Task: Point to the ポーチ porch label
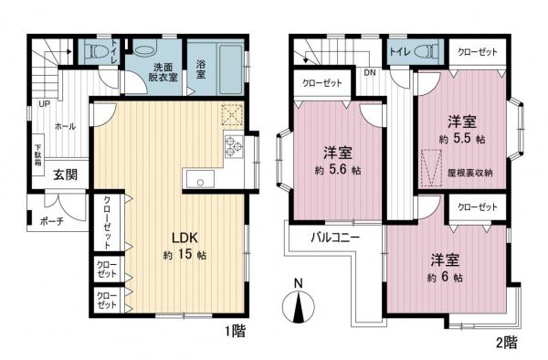(52, 220)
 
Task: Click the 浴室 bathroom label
(201, 70)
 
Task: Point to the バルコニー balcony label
(334, 237)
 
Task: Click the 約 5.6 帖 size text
(337, 170)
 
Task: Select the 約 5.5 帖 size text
(460, 139)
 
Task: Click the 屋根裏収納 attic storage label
(471, 172)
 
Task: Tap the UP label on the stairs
(43, 103)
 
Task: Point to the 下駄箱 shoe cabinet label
(39, 150)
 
